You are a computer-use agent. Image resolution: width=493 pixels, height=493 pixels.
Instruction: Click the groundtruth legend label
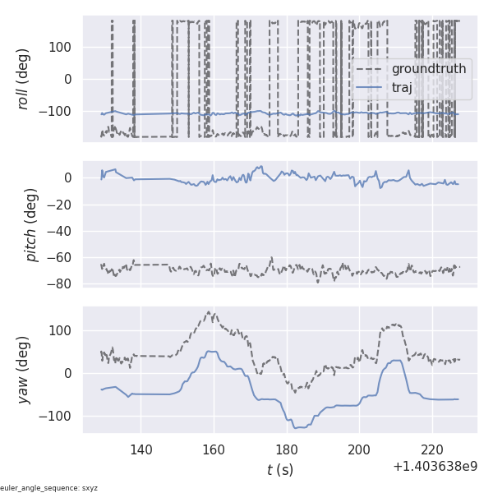tap(428, 68)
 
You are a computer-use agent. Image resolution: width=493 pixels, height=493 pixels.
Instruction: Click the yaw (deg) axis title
tap(23, 369)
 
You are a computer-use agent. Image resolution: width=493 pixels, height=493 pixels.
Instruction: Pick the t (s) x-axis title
tap(279, 469)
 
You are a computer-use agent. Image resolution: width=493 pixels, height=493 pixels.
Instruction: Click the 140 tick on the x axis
tap(141, 450)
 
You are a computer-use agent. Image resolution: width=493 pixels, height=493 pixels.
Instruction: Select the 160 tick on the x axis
tap(214, 450)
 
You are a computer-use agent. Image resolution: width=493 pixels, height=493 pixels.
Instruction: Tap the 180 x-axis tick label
tap(287, 450)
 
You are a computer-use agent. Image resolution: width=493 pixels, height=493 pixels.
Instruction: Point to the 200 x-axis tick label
tap(360, 450)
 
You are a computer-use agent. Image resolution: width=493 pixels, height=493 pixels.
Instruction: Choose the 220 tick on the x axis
tap(433, 450)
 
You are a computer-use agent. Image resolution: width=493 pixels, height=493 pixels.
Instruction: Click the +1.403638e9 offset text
tap(435, 466)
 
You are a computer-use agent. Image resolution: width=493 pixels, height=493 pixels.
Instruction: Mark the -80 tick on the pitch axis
tap(63, 284)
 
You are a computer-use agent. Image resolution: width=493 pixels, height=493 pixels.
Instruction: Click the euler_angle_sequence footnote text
tap(49, 488)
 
